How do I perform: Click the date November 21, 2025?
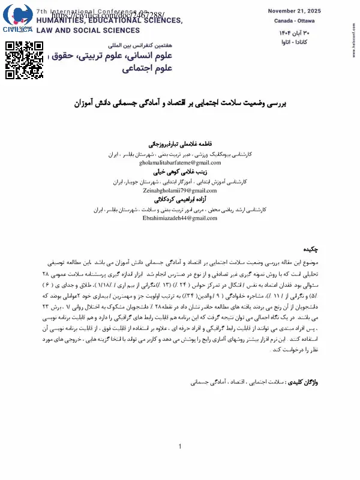pyautogui.click(x=295, y=11)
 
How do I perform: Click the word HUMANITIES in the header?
pyautogui.click(x=61, y=20)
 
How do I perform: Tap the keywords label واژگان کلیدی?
pyautogui.click(x=305, y=382)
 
